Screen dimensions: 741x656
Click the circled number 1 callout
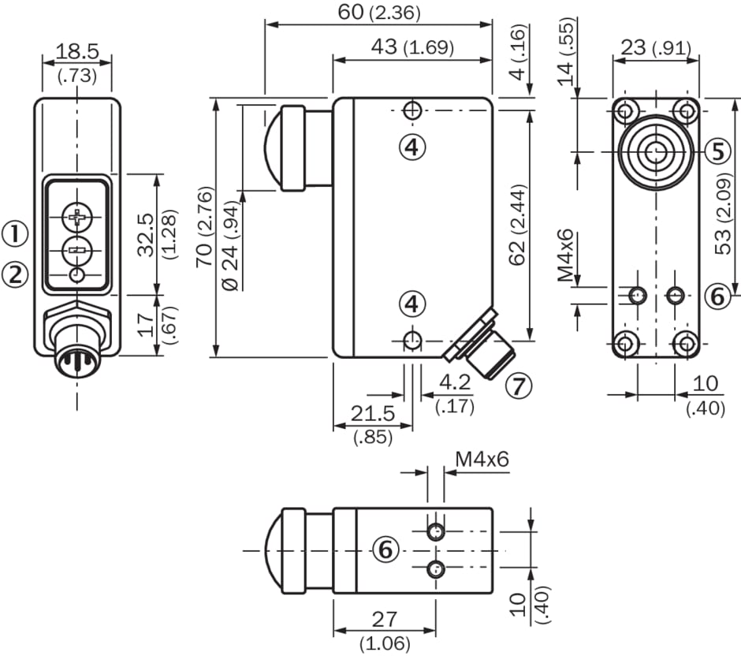[16, 234]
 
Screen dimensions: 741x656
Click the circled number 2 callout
[16, 274]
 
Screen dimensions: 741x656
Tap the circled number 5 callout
[718, 152]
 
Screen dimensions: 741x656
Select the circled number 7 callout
[519, 386]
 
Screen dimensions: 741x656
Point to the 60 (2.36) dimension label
[379, 13]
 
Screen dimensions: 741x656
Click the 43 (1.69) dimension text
[412, 47]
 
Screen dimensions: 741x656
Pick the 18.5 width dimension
[77, 51]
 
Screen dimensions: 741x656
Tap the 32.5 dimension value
[146, 235]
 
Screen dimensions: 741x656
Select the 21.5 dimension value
[373, 414]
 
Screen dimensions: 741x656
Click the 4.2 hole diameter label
[455, 382]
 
